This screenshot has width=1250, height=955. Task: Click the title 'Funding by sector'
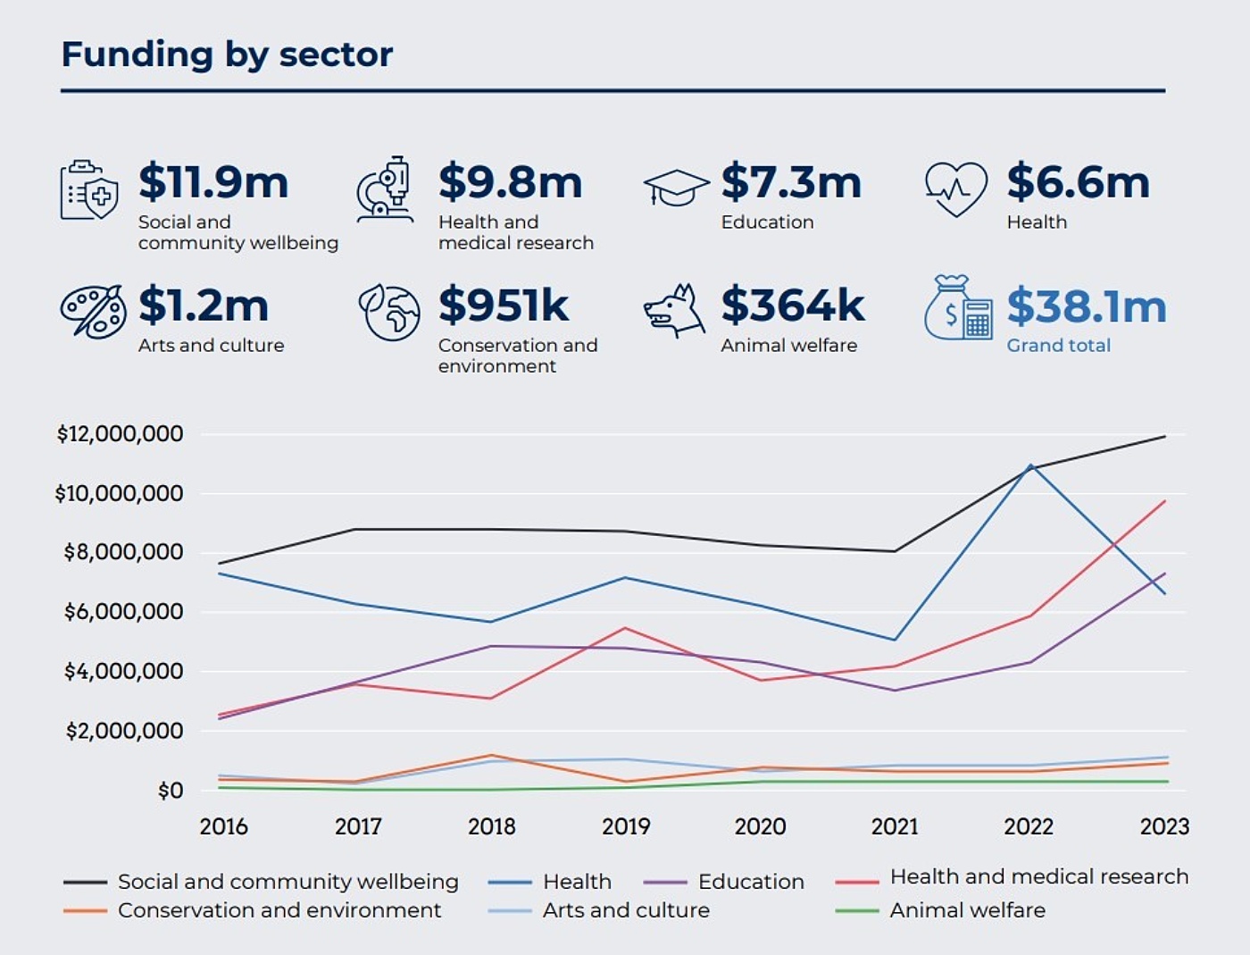click(x=227, y=54)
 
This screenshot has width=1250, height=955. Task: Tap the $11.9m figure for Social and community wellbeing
click(x=213, y=182)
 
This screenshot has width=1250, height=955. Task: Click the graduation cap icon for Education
click(x=676, y=188)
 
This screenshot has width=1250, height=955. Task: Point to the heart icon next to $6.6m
click(x=955, y=188)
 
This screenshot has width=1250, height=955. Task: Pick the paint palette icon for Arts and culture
click(x=92, y=312)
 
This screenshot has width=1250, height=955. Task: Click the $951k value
click(x=504, y=306)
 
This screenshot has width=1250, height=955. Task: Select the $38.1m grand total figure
click(x=1087, y=306)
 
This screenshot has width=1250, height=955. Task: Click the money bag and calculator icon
click(x=959, y=308)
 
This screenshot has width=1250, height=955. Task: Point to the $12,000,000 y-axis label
click(x=120, y=434)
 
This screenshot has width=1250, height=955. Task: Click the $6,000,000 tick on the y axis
click(x=123, y=612)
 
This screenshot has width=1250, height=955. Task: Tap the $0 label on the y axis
click(x=170, y=791)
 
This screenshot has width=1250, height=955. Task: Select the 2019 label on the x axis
click(x=626, y=826)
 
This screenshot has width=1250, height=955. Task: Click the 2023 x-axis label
click(x=1164, y=826)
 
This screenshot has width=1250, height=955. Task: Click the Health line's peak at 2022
click(x=1031, y=465)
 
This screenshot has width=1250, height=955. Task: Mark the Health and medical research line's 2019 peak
click(x=626, y=628)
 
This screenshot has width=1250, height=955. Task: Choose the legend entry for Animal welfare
click(x=967, y=910)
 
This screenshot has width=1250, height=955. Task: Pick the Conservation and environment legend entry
click(x=279, y=910)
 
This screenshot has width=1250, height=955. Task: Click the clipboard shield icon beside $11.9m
click(x=88, y=190)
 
